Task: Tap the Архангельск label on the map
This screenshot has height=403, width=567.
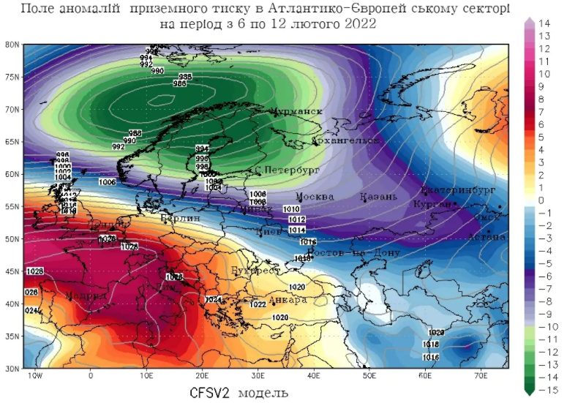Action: [346, 140]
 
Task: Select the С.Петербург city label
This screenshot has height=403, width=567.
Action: [288, 170]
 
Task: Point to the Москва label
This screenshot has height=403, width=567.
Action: [315, 197]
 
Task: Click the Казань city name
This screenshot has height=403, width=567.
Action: [378, 197]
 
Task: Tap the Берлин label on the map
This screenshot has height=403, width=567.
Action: [180, 218]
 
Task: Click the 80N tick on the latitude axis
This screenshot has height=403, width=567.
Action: [12, 45]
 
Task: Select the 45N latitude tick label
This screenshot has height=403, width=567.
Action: [12, 271]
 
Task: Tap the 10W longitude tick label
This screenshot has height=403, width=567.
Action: [34, 376]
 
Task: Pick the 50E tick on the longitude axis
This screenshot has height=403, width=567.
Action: [369, 376]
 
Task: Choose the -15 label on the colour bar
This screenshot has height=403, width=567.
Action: [545, 390]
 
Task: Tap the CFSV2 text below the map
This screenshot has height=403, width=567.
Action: [211, 392]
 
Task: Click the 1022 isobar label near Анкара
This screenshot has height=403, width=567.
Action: [258, 304]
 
